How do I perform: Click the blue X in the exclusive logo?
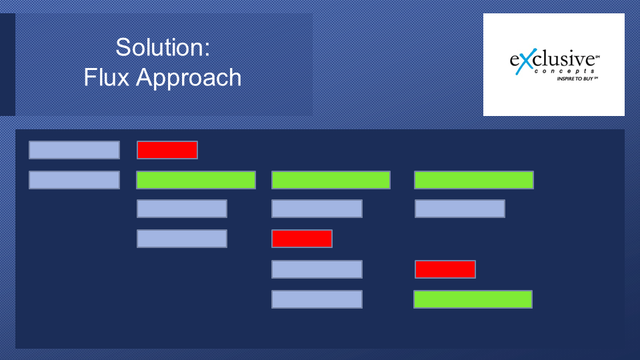(x=525, y=61)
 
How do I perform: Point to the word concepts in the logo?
(x=564, y=71)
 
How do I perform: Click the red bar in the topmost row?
(x=167, y=150)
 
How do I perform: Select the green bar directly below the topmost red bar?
(x=196, y=180)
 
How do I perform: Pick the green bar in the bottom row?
(x=473, y=299)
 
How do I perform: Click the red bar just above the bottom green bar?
(x=445, y=269)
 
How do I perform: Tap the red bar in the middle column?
(x=302, y=239)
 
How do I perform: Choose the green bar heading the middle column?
(x=331, y=180)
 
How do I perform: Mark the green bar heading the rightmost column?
(x=474, y=180)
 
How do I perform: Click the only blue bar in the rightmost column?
(x=460, y=209)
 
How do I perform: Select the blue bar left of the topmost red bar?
(x=74, y=150)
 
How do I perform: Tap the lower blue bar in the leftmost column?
(x=74, y=180)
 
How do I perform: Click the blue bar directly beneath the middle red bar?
(x=317, y=269)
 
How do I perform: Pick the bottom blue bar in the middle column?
(x=317, y=299)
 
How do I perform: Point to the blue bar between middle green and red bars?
(x=317, y=209)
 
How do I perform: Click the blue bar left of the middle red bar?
(x=182, y=239)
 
